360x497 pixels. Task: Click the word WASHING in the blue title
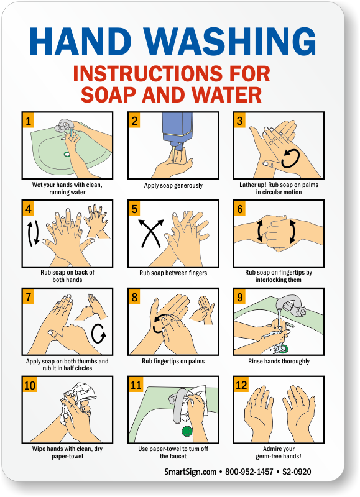(x=229, y=42)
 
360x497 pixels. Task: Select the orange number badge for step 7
(x=29, y=297)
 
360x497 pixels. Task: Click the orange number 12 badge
(x=241, y=385)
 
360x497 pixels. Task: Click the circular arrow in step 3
(x=290, y=158)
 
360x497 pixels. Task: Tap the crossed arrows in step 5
(x=151, y=233)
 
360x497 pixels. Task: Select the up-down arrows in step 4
(x=33, y=234)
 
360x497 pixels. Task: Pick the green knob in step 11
(x=187, y=431)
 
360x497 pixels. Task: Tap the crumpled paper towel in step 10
(x=78, y=399)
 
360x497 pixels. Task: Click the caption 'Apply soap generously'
(x=173, y=185)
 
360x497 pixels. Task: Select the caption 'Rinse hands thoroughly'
(x=279, y=362)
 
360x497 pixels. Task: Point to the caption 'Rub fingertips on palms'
(x=173, y=361)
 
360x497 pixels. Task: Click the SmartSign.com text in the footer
(x=190, y=472)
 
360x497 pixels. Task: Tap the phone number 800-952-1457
(x=249, y=472)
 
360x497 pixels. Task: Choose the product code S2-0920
(x=297, y=472)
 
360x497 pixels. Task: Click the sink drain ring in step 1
(x=67, y=154)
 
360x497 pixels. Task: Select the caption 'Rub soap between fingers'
(x=173, y=273)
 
